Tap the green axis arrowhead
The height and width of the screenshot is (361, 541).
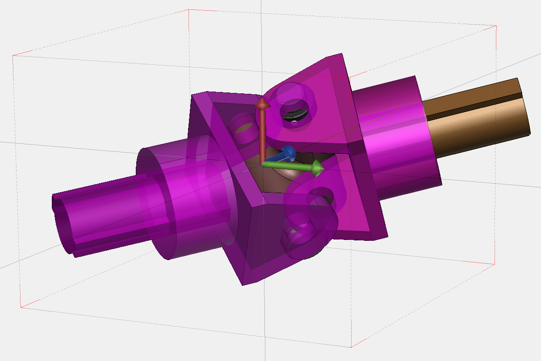pos(318,168)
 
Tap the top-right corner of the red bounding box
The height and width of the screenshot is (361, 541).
pos(496,26)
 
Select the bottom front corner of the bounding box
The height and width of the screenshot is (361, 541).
pos(351,347)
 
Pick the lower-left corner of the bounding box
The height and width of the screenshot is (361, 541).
pos(20,308)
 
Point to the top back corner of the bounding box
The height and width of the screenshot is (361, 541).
pos(189,9)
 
